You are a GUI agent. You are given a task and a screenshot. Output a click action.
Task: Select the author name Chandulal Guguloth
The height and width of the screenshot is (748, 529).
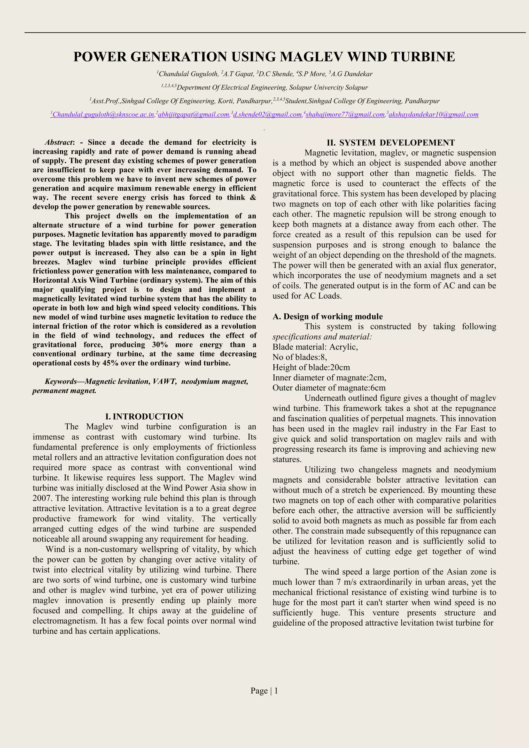(x=188, y=74)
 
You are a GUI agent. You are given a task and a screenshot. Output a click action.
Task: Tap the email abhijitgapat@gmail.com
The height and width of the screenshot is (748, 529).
(x=193, y=114)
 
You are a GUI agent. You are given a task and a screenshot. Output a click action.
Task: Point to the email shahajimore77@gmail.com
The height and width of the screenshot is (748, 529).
(x=345, y=114)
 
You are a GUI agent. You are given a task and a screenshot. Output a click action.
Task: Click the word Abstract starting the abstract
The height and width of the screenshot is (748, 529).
(x=59, y=142)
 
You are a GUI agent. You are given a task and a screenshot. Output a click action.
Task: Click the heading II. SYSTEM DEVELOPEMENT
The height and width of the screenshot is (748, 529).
(x=391, y=143)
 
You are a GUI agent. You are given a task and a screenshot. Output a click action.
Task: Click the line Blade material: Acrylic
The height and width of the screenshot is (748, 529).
(x=315, y=347)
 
